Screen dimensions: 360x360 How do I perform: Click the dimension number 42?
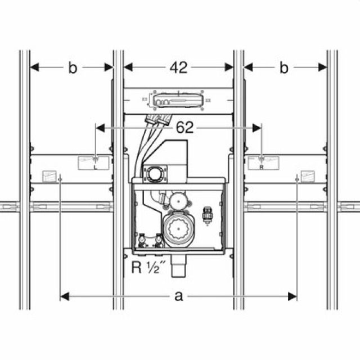(179, 67)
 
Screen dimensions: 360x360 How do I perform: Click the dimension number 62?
(183, 128)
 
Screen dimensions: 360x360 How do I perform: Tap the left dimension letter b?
(72, 67)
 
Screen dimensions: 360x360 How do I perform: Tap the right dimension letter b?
(284, 67)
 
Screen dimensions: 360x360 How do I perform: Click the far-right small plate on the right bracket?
(308, 174)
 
